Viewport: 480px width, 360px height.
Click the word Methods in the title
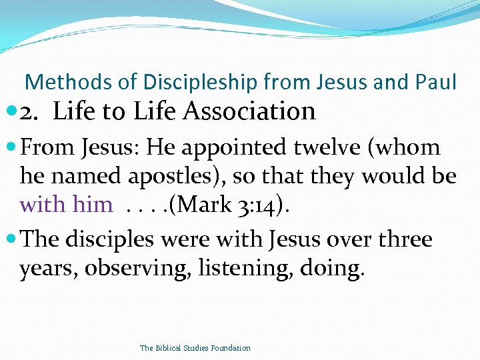click(59, 82)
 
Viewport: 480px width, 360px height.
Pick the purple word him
click(92, 204)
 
